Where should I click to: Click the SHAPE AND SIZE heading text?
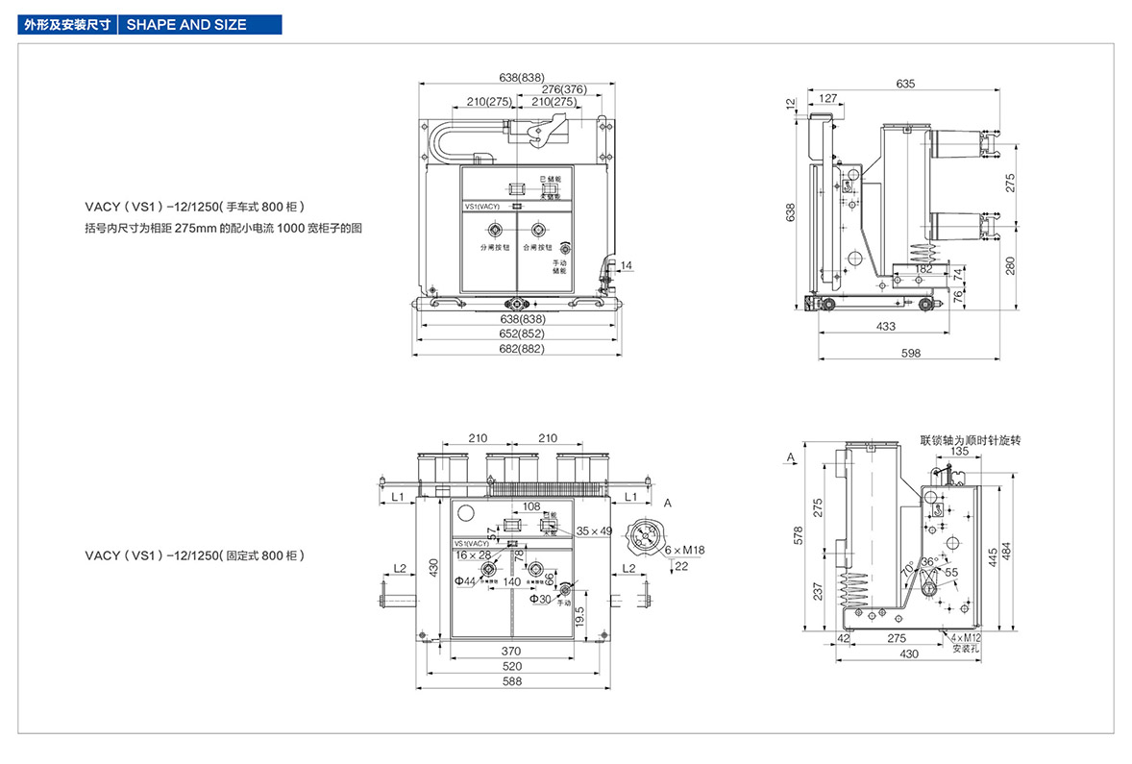(x=186, y=25)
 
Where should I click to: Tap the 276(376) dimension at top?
(x=563, y=89)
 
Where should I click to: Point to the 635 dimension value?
(x=905, y=84)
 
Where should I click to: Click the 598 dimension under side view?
(x=911, y=354)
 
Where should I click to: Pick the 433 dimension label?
(x=886, y=327)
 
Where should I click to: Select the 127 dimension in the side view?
(x=828, y=97)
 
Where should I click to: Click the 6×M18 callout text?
(x=686, y=550)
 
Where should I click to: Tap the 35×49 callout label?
(x=595, y=530)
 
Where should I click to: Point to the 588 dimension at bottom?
(x=511, y=681)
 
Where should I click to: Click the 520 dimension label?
(x=511, y=666)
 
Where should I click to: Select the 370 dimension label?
(x=511, y=651)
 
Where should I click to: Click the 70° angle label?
(x=906, y=568)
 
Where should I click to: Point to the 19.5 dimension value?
(x=579, y=615)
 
